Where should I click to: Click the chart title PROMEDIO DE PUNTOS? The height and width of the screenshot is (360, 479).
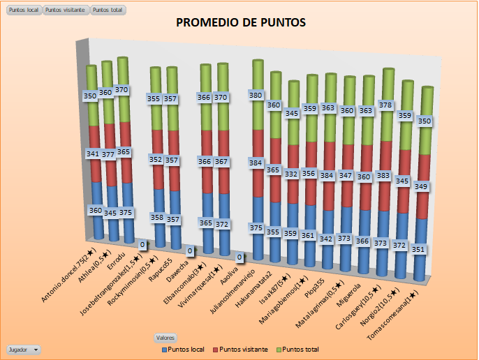[x=240, y=23]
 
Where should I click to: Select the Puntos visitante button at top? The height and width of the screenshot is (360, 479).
[x=66, y=10]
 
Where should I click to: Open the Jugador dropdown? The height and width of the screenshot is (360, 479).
[x=23, y=348]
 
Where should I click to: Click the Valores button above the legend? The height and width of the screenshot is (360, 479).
[x=165, y=338]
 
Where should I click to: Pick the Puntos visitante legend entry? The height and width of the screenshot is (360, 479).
[x=243, y=348]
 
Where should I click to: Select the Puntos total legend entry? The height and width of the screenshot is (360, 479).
[x=302, y=348]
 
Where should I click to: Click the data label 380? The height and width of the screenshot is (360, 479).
[x=256, y=95]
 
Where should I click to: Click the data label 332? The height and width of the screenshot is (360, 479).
[x=292, y=174]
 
